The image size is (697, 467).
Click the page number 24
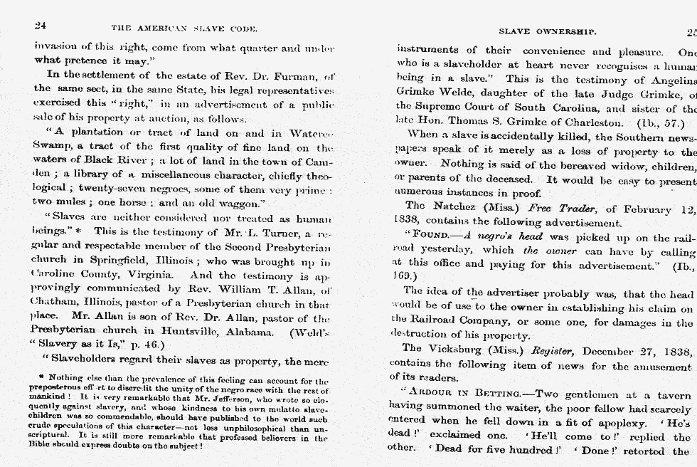pos(41,26)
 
